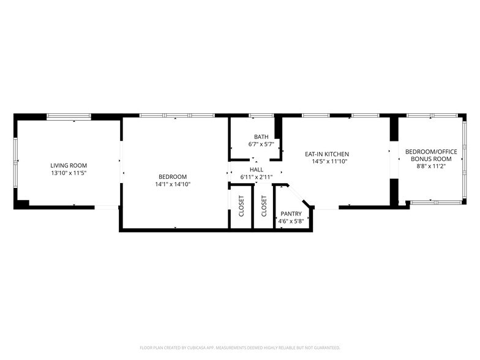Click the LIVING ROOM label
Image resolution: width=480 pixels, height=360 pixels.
(69, 165)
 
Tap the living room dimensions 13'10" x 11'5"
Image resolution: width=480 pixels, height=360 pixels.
(69, 173)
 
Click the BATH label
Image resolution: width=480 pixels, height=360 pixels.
(261, 137)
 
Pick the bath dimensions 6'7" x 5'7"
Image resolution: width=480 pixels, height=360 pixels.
(261, 144)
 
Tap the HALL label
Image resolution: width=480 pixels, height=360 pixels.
(256, 170)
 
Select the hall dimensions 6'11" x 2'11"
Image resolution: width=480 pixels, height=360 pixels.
(256, 177)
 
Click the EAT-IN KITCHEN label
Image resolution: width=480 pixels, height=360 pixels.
(328, 154)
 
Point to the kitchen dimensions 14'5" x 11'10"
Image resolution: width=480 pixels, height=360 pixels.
(328, 162)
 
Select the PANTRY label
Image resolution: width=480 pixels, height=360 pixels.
(291, 214)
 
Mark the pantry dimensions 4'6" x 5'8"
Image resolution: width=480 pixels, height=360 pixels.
(291, 221)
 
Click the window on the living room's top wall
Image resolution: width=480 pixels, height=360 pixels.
(69, 116)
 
